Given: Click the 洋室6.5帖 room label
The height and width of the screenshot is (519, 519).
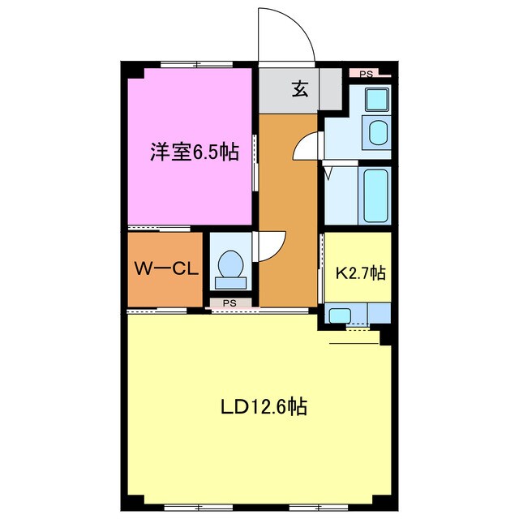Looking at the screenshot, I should pos(194,152).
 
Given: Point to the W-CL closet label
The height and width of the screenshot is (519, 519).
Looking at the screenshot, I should pos(165,269).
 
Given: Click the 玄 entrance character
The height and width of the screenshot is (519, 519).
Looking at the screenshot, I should pos(299,89).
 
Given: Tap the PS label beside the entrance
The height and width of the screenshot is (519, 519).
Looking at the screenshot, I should pos(367,74).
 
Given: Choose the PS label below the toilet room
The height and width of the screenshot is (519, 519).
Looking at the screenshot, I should pos(229,303).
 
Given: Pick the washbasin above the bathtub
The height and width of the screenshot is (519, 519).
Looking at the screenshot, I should pos(378,131).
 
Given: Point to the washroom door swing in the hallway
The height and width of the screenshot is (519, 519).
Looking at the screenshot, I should pos(306,147).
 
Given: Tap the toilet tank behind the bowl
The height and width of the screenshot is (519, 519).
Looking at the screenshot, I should pos(230,282).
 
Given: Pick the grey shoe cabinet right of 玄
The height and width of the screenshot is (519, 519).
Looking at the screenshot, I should pos(330,88).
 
